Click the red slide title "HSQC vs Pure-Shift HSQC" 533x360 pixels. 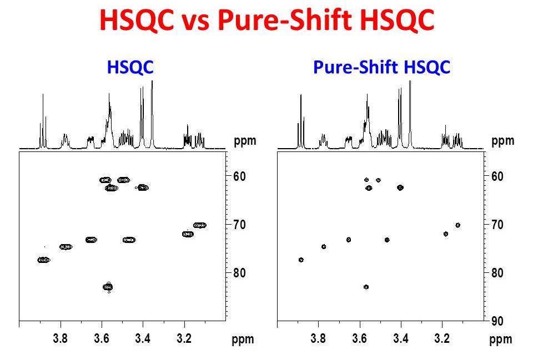(266, 21)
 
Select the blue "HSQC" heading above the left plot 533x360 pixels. (130, 67)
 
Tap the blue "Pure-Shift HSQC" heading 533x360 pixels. (381, 67)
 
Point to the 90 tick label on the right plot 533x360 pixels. (497, 321)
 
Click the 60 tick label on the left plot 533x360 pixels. (239, 176)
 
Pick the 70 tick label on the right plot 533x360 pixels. (497, 225)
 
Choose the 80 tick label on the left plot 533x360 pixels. (239, 273)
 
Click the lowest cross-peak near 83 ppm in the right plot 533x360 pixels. (366, 287)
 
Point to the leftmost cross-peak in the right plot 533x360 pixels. (301, 260)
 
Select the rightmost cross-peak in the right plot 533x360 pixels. (458, 225)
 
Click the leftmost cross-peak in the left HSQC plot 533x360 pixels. (44, 260)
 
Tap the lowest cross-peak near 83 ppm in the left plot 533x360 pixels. (108, 287)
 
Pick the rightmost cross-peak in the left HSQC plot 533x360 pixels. (200, 225)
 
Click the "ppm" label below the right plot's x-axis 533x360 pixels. (501, 339)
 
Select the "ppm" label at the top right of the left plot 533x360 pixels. (245, 141)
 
